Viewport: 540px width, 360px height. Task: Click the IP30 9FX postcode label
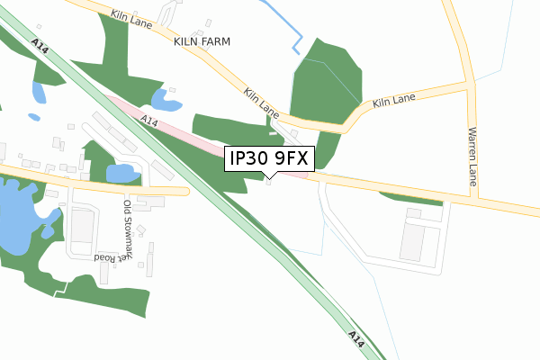click(x=269, y=159)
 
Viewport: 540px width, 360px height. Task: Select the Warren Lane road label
click(x=472, y=156)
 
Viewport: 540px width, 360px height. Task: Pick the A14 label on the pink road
click(x=149, y=121)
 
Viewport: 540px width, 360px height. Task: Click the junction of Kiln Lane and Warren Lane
click(x=469, y=85)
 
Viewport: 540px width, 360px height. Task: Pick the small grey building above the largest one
click(x=413, y=213)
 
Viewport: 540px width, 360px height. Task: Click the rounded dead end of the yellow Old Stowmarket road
click(x=186, y=191)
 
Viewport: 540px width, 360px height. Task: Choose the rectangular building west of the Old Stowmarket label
click(x=82, y=230)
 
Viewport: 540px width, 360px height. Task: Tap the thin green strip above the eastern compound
click(x=411, y=199)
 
